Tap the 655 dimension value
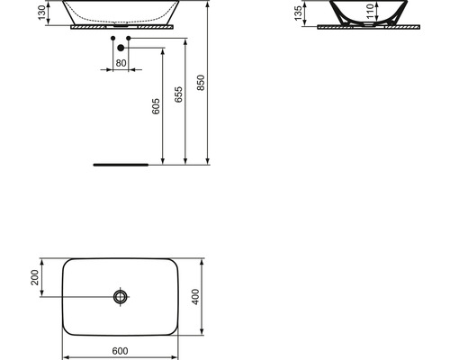178,96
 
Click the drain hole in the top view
121,296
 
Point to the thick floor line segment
121,166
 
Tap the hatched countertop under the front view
121,28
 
